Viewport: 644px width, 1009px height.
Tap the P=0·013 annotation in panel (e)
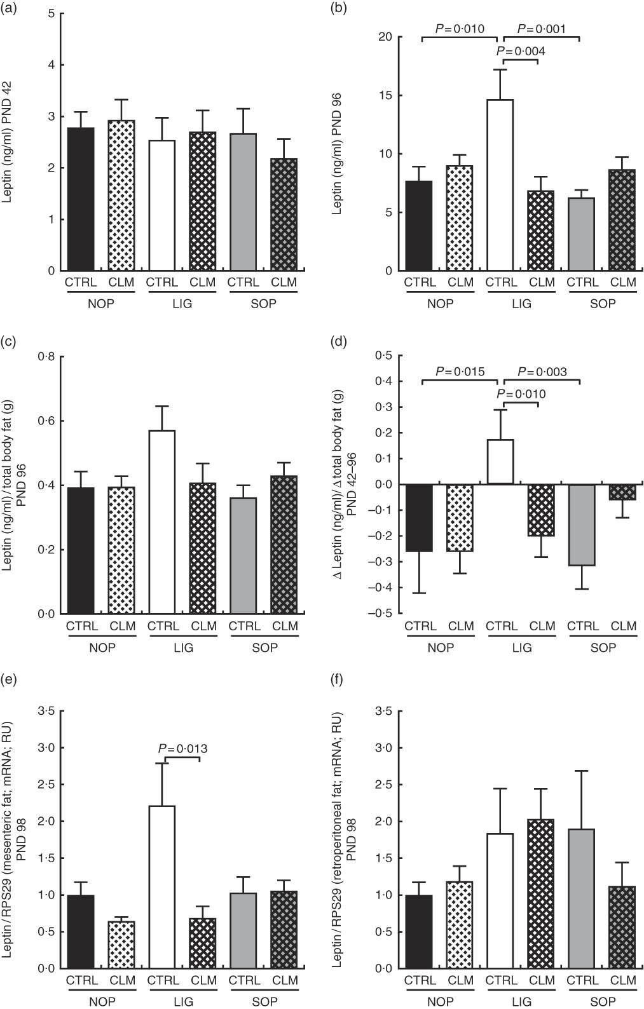[182, 749]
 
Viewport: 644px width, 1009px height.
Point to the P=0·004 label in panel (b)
[520, 51]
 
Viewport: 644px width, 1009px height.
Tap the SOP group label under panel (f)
[602, 1002]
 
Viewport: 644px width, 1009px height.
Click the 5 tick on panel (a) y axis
[50, 13]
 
